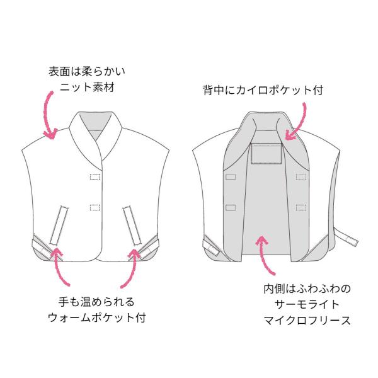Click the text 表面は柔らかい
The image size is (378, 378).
coord(87,72)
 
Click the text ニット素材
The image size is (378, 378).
coord(87,88)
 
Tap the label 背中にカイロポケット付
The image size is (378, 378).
coord(263,90)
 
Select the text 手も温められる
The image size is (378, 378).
coord(96,302)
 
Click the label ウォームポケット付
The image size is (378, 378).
coord(97,318)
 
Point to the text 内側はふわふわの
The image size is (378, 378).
coord(307,289)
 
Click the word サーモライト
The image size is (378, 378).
coord(307,305)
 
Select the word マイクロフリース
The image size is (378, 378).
coord(307,321)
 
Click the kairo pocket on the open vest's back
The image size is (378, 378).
coord(266,154)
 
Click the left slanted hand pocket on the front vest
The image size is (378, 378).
coord(59,226)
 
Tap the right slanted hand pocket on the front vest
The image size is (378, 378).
coord(132,226)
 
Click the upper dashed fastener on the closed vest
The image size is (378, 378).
coord(95,176)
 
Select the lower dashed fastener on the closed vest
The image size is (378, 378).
coord(95,207)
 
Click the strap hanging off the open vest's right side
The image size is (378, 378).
coord(346,237)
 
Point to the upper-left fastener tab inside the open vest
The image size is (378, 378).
coord(231,177)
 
